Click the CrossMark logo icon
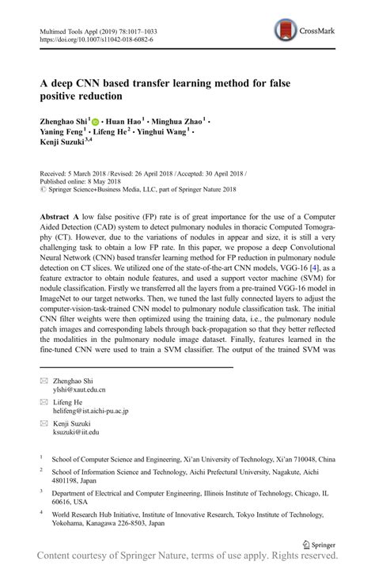tap(286, 31)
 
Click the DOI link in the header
tap(97, 39)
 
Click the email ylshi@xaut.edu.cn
tap(78, 389)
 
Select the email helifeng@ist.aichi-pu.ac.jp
tap(94, 411)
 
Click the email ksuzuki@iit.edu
tap(76, 432)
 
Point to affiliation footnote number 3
tap(41, 491)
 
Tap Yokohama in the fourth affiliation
tap(74, 523)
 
